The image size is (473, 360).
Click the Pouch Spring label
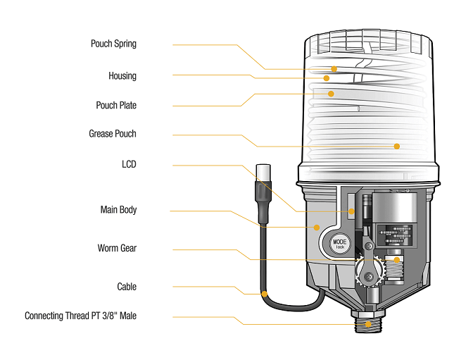[x=113, y=44]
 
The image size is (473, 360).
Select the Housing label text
[x=122, y=75]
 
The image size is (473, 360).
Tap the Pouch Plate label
[x=116, y=105]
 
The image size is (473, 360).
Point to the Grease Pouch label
[x=113, y=133]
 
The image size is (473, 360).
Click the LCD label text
[x=129, y=164]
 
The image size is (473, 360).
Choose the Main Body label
[x=118, y=209]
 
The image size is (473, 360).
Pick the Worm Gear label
[x=117, y=248]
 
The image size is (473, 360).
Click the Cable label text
[x=127, y=287]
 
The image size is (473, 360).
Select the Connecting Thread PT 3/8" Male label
[x=81, y=316]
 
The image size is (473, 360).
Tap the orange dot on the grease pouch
[x=397, y=147]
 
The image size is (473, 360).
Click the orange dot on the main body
[x=317, y=228]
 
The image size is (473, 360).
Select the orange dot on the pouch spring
[x=334, y=69]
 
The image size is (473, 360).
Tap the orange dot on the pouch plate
[x=329, y=92]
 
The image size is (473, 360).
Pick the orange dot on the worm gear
[x=396, y=260]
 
